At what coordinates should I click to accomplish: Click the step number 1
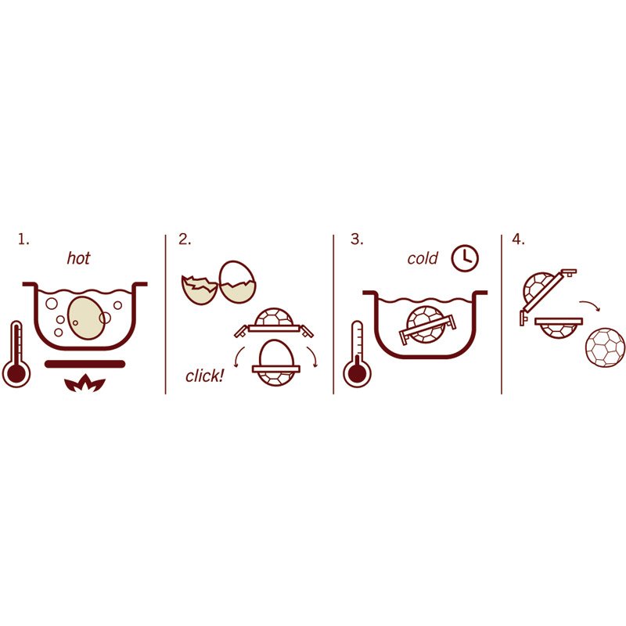[x=23, y=239]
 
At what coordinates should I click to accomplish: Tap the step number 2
[x=185, y=239]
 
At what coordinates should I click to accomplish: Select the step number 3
[x=357, y=239]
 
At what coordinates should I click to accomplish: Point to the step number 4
[x=518, y=239]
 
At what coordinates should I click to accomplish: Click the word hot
[x=79, y=258]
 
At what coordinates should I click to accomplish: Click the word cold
[x=423, y=258]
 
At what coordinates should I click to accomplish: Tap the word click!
[x=205, y=376]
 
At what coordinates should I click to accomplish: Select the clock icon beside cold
[x=465, y=258]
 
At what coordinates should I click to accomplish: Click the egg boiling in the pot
[x=87, y=318]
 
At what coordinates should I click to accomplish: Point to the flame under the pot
[x=85, y=383]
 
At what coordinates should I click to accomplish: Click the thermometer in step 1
[x=16, y=354]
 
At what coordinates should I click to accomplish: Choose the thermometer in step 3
[x=357, y=354]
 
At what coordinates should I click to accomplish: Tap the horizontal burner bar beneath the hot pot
[x=85, y=364]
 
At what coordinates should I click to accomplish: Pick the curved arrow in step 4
[x=591, y=305]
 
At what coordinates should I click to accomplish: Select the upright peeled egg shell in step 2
[x=239, y=282]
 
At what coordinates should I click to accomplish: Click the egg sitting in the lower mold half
[x=277, y=354]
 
